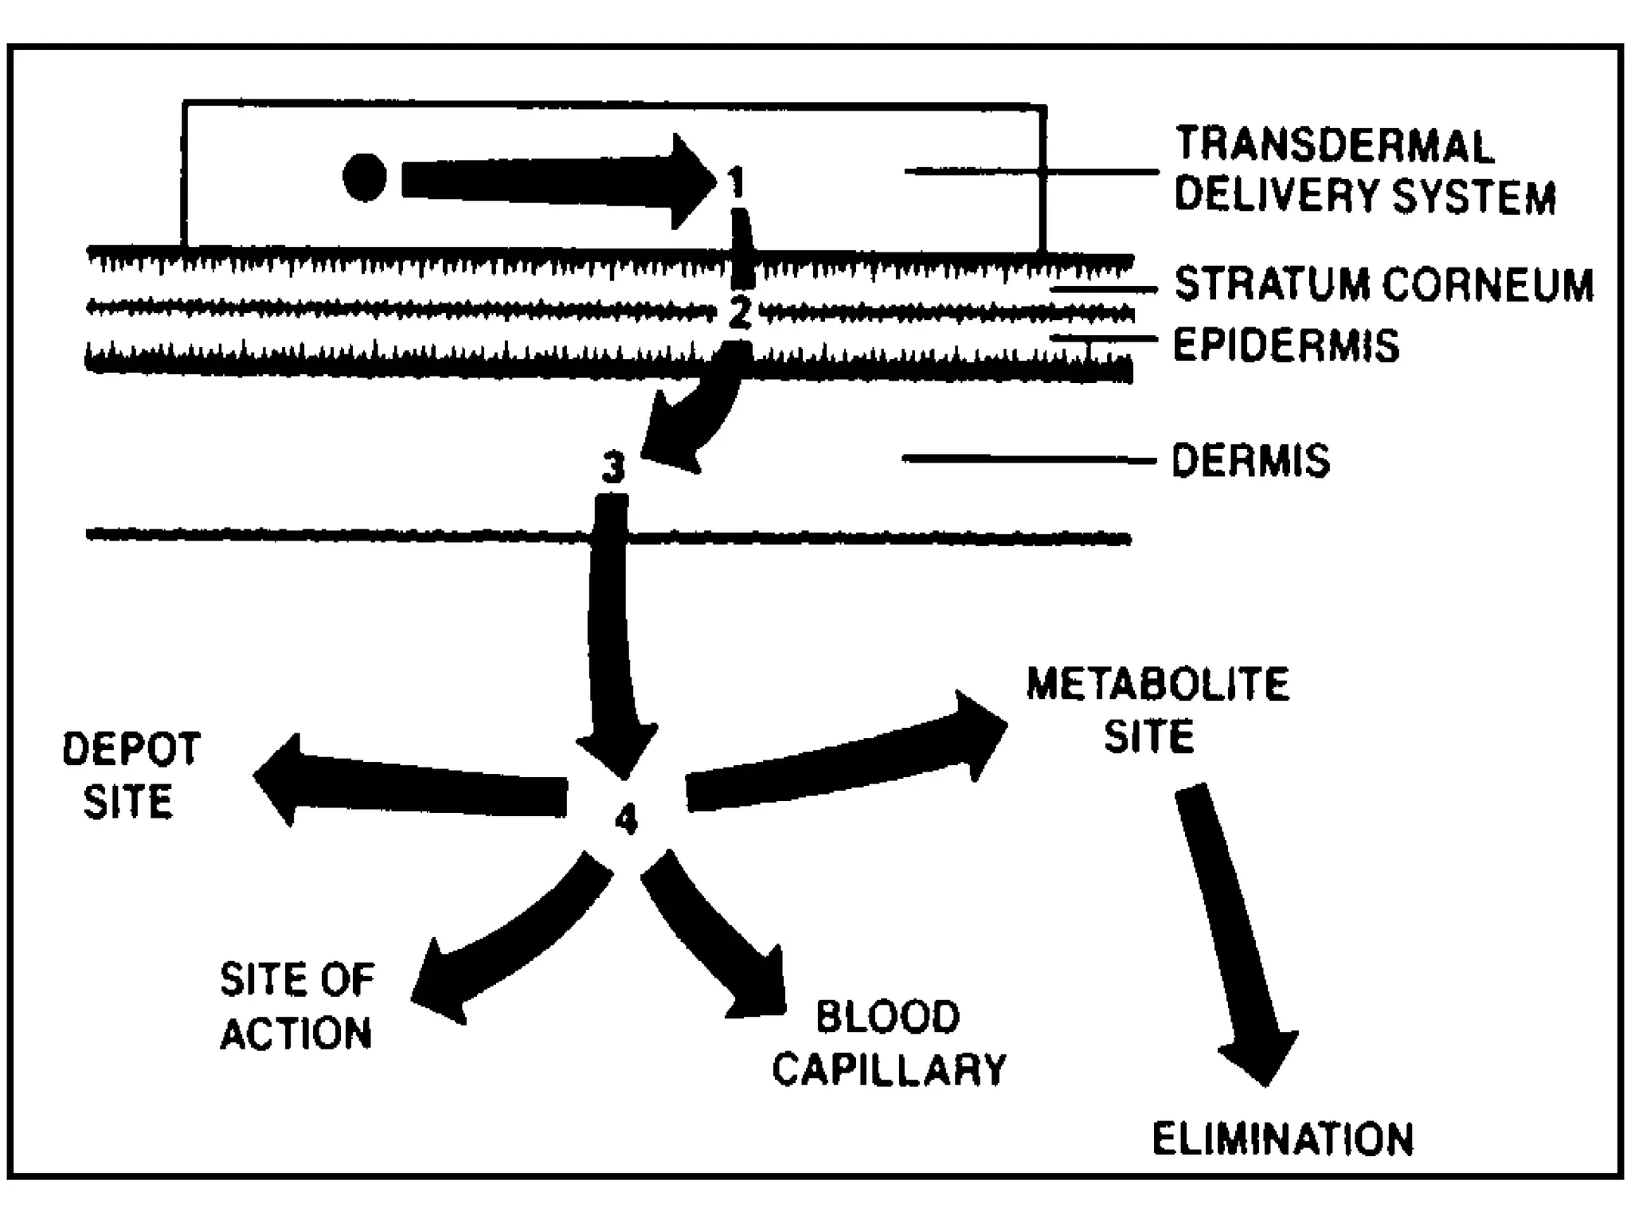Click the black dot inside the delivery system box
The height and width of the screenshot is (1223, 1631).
click(365, 177)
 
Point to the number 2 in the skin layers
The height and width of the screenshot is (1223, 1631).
click(740, 313)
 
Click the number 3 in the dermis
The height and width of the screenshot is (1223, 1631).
click(613, 467)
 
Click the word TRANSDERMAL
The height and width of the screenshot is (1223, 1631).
click(1334, 146)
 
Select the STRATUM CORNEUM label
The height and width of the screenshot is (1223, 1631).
click(1384, 284)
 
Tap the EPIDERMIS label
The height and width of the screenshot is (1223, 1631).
click(1285, 345)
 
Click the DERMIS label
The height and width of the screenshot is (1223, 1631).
click(1250, 460)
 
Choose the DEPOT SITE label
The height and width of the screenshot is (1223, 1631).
click(130, 776)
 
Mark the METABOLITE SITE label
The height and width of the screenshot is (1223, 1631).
click(1156, 709)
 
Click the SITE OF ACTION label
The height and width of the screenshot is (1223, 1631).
click(296, 1006)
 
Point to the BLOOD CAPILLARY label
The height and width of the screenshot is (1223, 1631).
click(889, 1043)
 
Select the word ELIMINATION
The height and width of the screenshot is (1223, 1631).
click(1282, 1139)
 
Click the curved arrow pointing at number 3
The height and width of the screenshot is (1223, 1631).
click(701, 414)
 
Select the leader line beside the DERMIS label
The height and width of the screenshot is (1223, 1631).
click(1027, 459)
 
